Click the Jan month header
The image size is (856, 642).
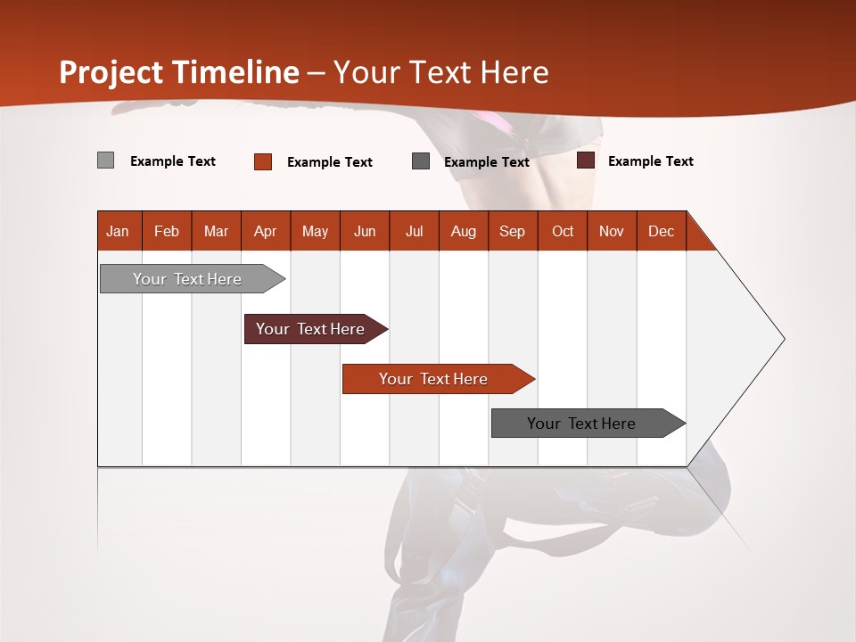pyautogui.click(x=118, y=231)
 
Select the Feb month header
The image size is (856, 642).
pyautogui.click(x=167, y=231)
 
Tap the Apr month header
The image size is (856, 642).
pyautogui.click(x=265, y=231)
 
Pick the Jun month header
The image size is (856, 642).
pyautogui.click(x=365, y=231)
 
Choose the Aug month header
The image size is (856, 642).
pyautogui.click(x=463, y=231)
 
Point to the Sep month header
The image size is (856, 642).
pyautogui.click(x=512, y=231)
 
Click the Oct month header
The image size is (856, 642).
pyautogui.click(x=563, y=231)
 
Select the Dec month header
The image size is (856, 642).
pyautogui.click(x=661, y=231)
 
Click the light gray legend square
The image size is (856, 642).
pyautogui.click(x=105, y=160)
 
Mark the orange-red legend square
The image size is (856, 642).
pyautogui.click(x=263, y=161)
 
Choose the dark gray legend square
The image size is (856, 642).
pyautogui.click(x=421, y=161)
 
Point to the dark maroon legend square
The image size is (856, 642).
pyautogui.click(x=586, y=160)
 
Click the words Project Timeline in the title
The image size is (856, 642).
pyautogui.click(x=179, y=72)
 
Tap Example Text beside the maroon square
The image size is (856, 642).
pyautogui.click(x=650, y=161)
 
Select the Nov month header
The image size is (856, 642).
pyautogui.click(x=611, y=231)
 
